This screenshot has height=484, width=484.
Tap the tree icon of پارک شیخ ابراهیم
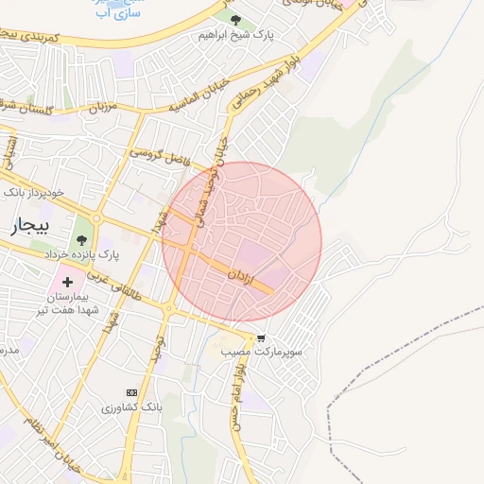coord(235,20)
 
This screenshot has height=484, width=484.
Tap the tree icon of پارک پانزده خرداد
coord(82,239)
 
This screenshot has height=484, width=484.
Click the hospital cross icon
coord(67,282)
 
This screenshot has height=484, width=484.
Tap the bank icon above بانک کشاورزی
coord(131,392)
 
